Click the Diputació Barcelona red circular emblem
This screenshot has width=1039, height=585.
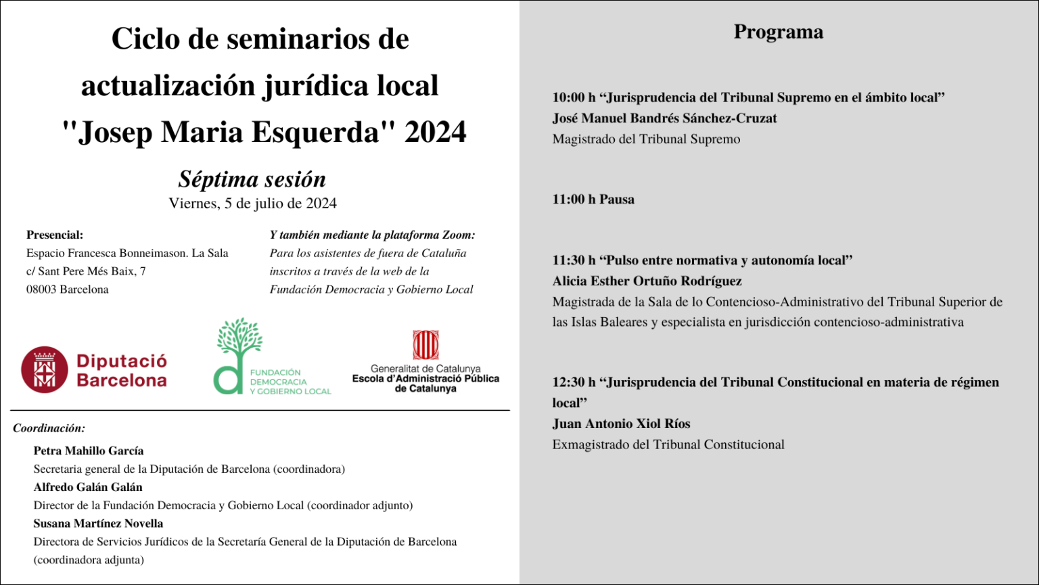point(45,370)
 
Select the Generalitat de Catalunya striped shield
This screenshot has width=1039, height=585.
point(425,345)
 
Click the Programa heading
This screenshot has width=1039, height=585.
point(778,32)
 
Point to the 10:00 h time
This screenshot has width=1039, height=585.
point(574,97)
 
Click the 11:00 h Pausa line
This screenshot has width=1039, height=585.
point(593,200)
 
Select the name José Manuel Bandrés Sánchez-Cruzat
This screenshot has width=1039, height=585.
point(664,118)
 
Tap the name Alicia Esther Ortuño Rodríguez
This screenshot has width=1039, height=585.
point(647,281)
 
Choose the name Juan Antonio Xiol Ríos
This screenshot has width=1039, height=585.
point(621,424)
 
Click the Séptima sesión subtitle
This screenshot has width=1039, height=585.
point(252,179)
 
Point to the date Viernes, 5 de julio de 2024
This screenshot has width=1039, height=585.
point(252,204)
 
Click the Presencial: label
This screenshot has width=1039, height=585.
point(55,235)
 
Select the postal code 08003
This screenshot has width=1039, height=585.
point(41,289)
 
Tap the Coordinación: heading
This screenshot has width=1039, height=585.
point(49,428)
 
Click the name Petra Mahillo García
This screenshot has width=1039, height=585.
point(89,451)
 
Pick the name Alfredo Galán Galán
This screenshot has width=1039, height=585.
point(88,487)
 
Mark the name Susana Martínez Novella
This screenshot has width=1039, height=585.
point(98,523)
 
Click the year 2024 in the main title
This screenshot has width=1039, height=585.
point(435,132)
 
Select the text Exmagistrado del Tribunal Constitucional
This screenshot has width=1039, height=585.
point(668,445)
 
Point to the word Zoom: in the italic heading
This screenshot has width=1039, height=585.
point(459,235)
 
